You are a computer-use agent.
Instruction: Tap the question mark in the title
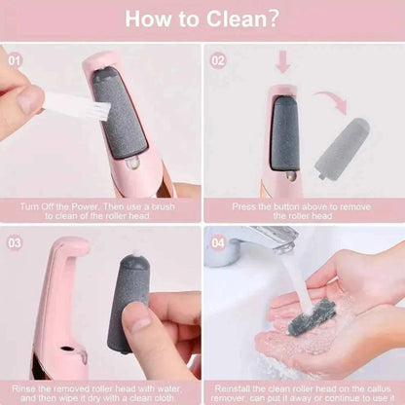coord(274,19)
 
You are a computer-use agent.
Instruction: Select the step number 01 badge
coord(15,57)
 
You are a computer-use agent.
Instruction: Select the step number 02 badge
coord(218,57)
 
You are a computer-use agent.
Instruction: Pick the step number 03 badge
coord(15,241)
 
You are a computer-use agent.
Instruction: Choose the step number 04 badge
coord(218,241)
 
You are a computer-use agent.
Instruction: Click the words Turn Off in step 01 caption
coord(39,205)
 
